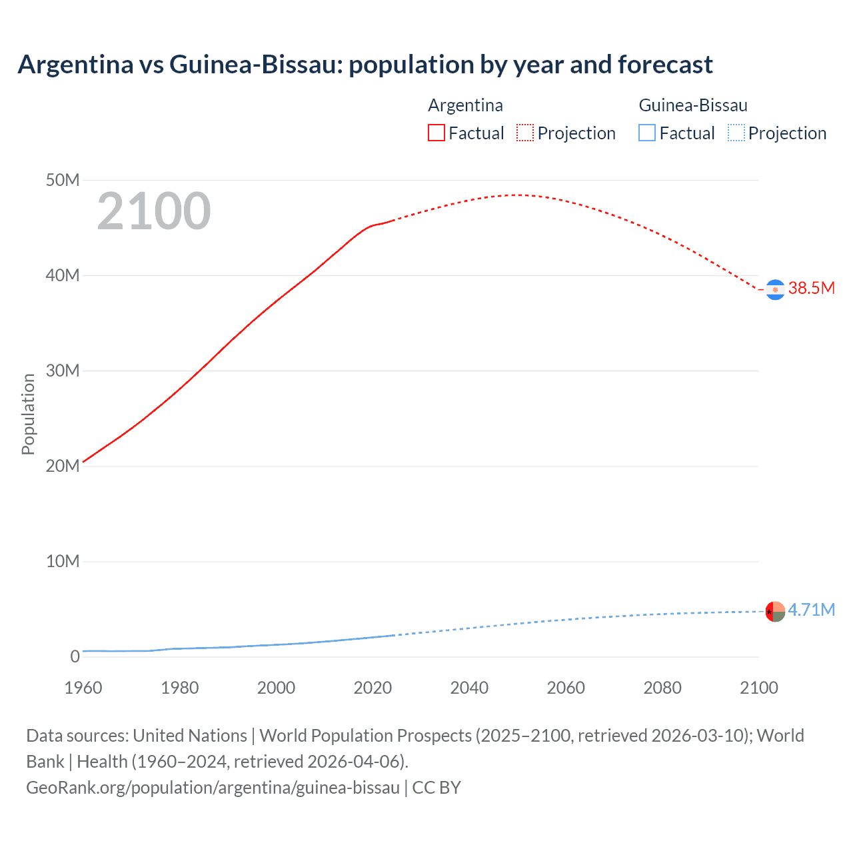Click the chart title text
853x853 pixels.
click(365, 65)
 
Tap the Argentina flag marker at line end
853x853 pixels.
click(774, 290)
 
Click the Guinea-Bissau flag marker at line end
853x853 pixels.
click(774, 611)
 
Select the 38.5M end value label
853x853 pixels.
click(811, 288)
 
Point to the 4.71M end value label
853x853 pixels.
click(811, 610)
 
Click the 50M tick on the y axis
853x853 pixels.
click(63, 180)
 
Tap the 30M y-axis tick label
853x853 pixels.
click(63, 371)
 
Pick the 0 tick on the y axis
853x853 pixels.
click(75, 656)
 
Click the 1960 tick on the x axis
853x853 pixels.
click(83, 688)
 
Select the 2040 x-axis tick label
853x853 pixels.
click(469, 688)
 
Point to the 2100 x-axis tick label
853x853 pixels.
click(758, 688)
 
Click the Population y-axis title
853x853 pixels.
click(28, 414)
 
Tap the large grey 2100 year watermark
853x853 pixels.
click(154, 211)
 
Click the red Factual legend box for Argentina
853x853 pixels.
click(436, 133)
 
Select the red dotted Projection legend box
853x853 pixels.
click(525, 133)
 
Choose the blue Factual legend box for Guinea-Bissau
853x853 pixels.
click(646, 133)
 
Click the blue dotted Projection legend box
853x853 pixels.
click(736, 133)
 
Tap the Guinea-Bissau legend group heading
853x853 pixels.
click(693, 105)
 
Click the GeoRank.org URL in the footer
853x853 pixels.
click(213, 787)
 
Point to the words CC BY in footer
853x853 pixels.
click(436, 787)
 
